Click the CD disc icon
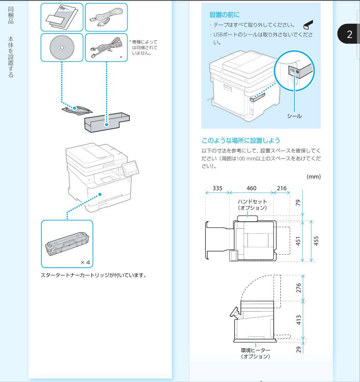point(62,47)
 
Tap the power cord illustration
point(106,17)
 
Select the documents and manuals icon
point(62,17)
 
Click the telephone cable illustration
point(106,47)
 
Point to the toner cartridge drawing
point(67,244)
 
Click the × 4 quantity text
point(85,262)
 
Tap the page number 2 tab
point(349,34)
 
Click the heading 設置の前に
point(224,15)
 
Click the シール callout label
point(294,116)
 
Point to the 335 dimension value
point(217,188)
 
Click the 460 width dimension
point(251,188)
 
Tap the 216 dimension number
point(281,188)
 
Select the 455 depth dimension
point(316,241)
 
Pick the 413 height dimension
point(299,320)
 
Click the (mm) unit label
point(313,176)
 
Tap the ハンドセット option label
point(252,204)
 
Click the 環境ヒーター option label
point(255,353)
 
